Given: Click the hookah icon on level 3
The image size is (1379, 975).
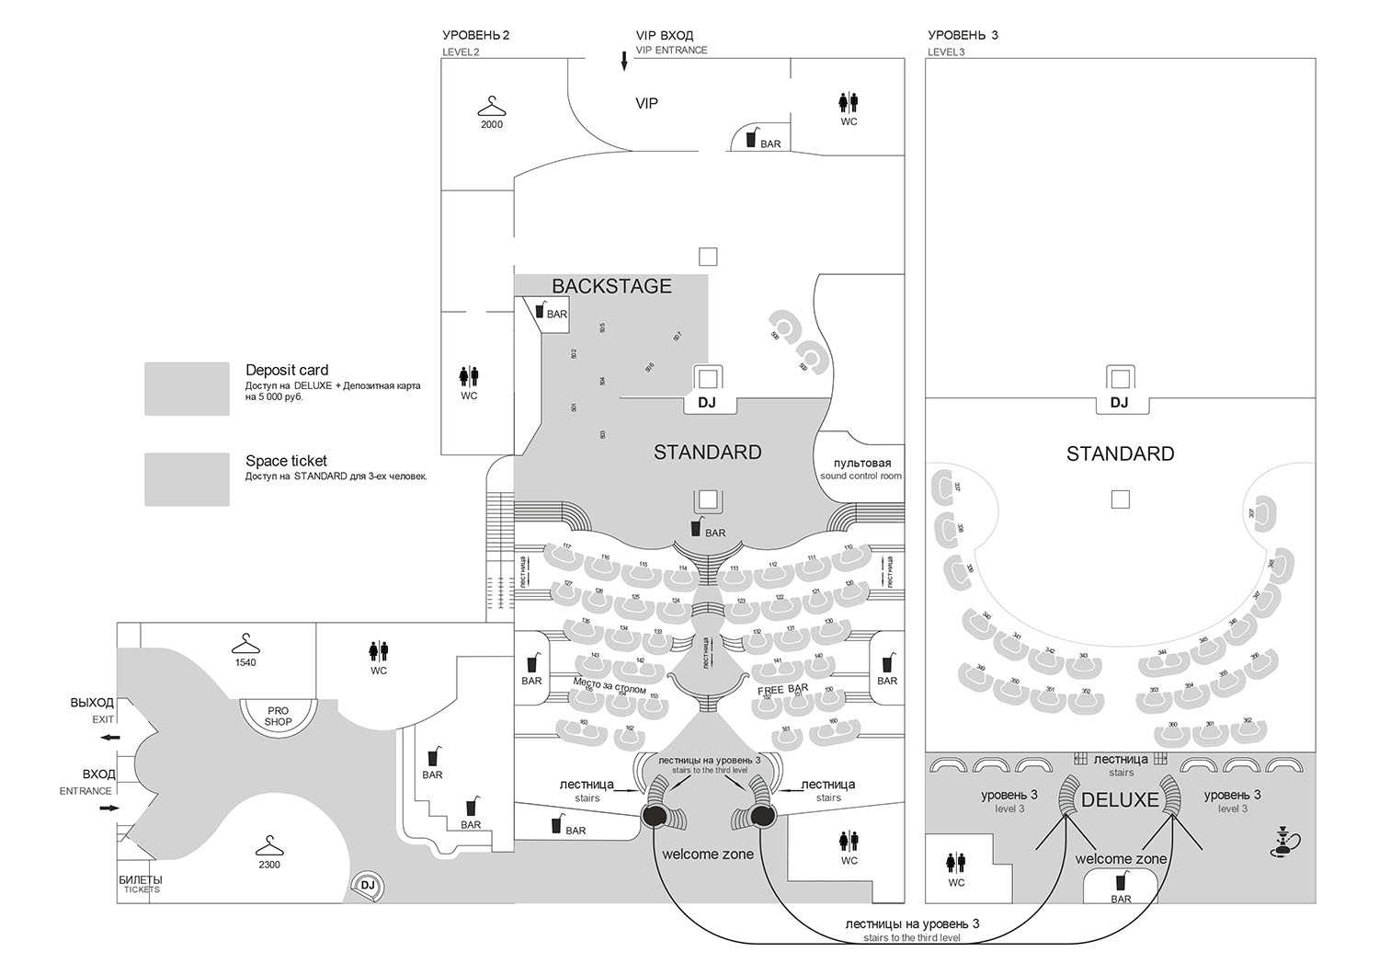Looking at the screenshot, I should tap(1282, 841).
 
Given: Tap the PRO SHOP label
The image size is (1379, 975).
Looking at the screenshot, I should tap(278, 717).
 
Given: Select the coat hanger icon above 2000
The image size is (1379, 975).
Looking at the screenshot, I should tap(492, 105).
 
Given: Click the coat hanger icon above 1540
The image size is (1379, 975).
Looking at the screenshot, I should tap(245, 644).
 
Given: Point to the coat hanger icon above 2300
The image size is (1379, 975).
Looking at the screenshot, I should tap(269, 845).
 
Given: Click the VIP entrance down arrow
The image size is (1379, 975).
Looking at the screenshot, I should tap(624, 62).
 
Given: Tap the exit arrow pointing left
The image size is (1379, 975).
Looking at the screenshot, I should tap(110, 738).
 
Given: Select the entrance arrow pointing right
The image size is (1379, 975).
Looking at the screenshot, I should tap(109, 808).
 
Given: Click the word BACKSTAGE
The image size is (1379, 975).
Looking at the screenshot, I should tap(611, 286).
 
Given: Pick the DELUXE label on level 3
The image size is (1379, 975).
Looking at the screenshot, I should tap(1120, 800).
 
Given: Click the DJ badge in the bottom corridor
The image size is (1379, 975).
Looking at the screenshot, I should tap(369, 885).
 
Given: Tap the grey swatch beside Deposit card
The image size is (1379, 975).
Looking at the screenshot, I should tap(187, 388).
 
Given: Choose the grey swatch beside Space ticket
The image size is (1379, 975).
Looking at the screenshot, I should tap(187, 478).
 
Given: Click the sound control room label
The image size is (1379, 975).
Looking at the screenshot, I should tap(861, 469).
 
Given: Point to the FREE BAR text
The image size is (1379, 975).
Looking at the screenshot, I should tap(783, 689).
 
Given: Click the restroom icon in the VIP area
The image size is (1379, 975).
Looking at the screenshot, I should tap(849, 102).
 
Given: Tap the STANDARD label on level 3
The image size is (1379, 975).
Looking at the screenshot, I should tap(1120, 453).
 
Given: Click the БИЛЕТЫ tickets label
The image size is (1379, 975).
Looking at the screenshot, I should tap(142, 884).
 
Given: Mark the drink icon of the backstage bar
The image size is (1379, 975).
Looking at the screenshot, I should tap(540, 310).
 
